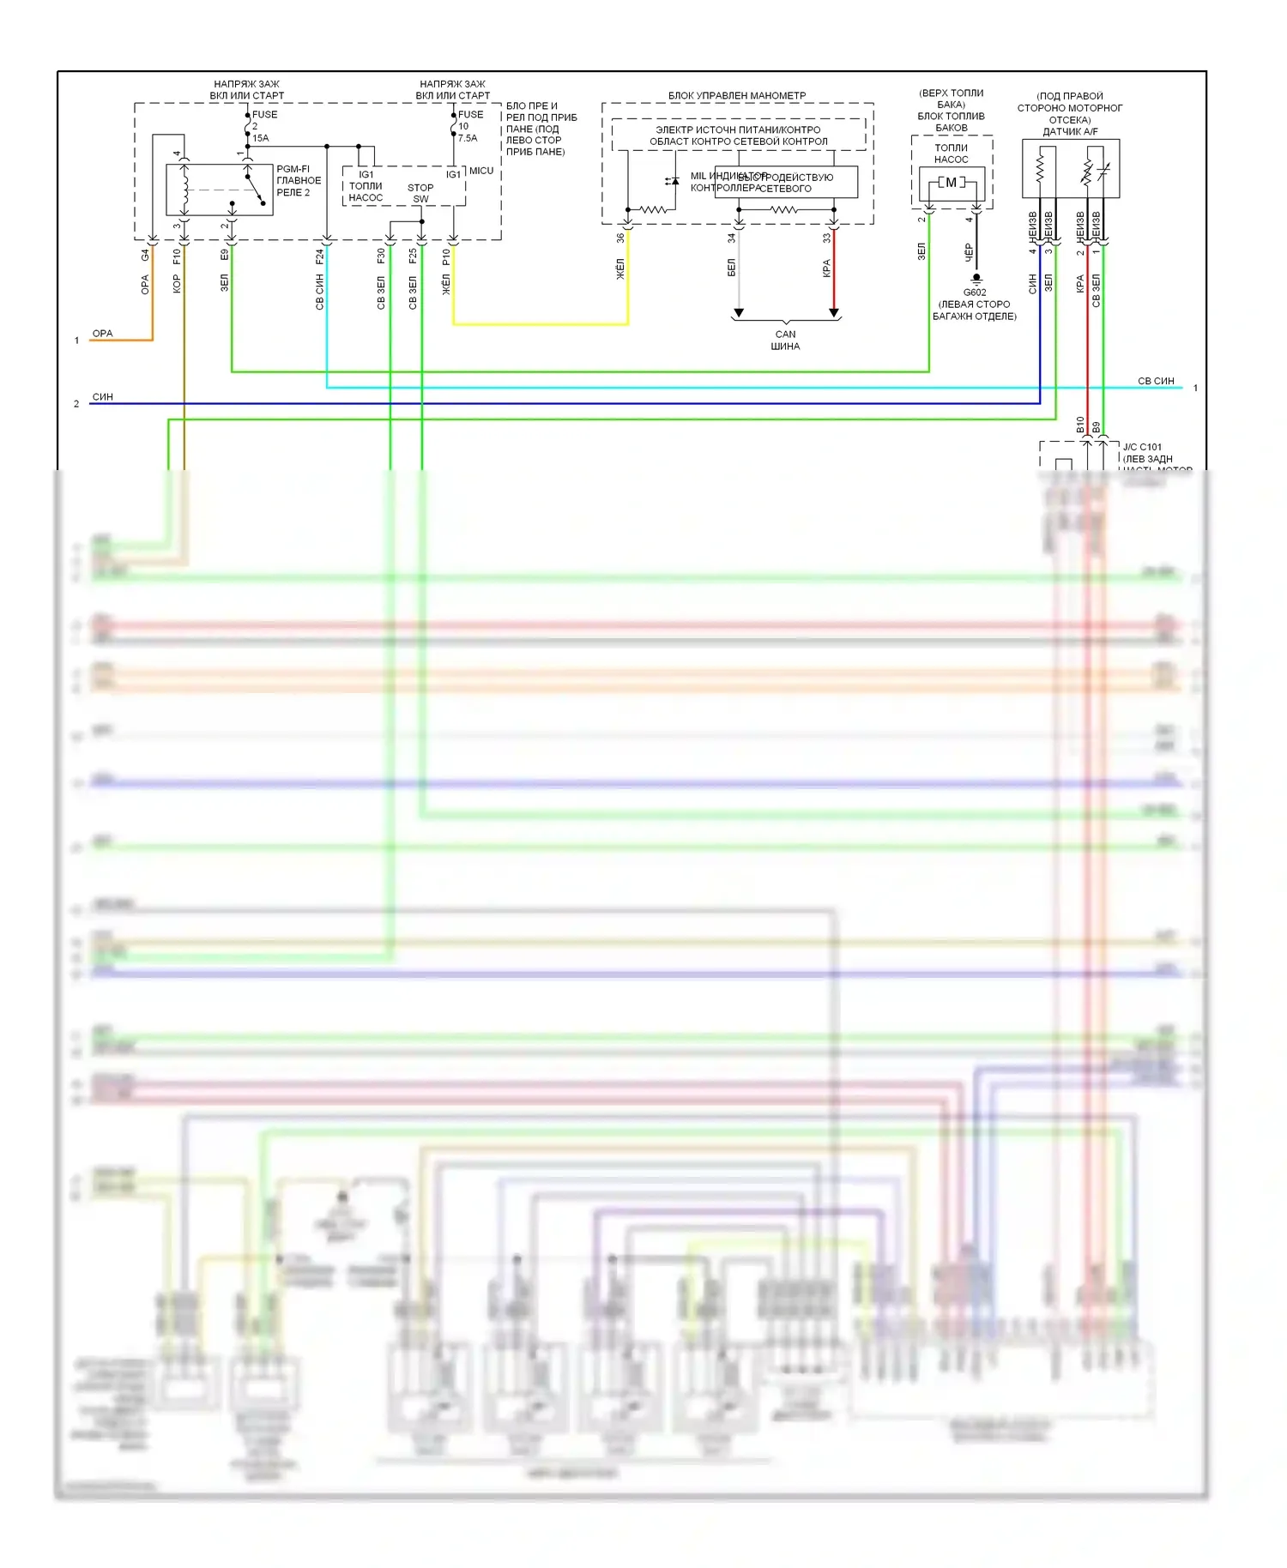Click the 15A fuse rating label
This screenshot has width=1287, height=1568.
tap(260, 138)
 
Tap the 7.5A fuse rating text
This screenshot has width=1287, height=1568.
tap(468, 138)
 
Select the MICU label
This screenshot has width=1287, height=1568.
tap(481, 171)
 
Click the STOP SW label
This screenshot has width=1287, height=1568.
tap(420, 193)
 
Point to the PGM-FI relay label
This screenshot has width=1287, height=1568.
tap(299, 180)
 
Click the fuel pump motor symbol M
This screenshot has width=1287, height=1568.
tap(951, 183)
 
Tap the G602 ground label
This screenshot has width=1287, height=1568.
tap(975, 292)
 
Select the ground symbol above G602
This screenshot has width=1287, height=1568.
tap(976, 279)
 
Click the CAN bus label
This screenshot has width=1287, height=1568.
tap(785, 341)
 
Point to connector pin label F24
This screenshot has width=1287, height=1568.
tap(320, 256)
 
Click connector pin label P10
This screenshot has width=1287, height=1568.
tap(446, 256)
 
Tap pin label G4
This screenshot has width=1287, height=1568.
tap(145, 256)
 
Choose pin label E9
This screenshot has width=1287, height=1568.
tap(225, 255)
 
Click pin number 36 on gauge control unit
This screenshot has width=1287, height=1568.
tap(620, 238)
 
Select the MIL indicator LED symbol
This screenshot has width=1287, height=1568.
tap(673, 181)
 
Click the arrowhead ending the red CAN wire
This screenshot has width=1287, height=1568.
tap(833, 312)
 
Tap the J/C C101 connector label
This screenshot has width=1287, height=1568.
tap(1142, 447)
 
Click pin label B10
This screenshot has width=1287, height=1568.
tap(1080, 425)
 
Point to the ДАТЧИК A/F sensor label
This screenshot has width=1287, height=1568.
tap(1070, 131)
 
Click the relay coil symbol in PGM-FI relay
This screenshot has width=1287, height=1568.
tap(184, 190)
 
